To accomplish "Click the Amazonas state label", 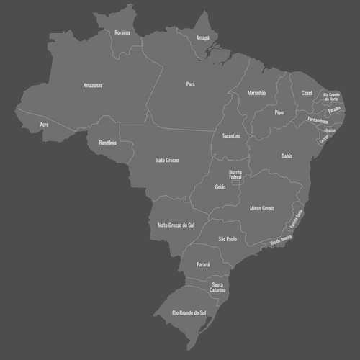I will point(93,86).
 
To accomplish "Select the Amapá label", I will point(203,37).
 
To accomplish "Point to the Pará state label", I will point(191,84).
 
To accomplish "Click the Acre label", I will point(45,125).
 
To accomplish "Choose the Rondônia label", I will point(107,142).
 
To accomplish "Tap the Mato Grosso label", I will point(167,160).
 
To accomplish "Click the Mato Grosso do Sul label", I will point(176,225).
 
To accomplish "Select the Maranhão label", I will point(257,93).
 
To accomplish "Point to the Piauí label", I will point(280,113).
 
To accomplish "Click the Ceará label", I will point(307,93).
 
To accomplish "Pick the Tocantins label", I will point(231,136).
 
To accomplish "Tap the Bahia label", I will point(287,156).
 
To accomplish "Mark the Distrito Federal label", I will point(235,175).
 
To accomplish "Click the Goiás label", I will point(220,186).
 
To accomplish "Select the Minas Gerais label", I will point(262,208).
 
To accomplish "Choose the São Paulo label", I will point(228,238).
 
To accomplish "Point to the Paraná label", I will point(204,264).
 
